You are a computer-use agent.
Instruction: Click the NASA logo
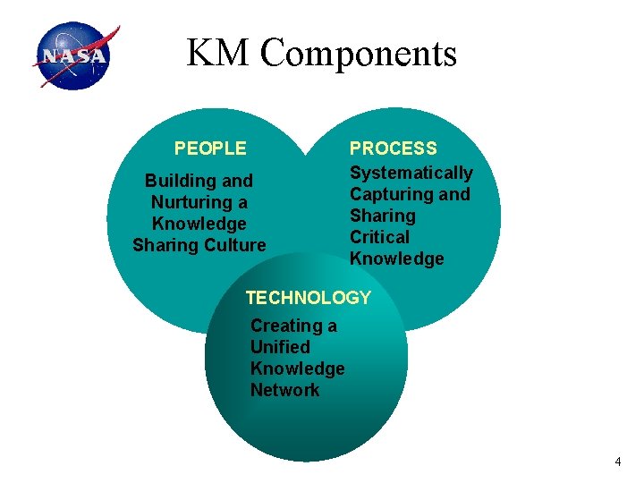click(x=74, y=56)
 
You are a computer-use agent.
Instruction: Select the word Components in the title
click(x=359, y=55)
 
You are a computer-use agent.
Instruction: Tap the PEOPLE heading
click(x=210, y=148)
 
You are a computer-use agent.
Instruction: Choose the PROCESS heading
click(x=393, y=148)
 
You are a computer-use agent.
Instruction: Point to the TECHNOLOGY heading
click(x=308, y=298)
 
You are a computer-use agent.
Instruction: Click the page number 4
click(x=617, y=462)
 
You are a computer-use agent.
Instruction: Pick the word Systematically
click(x=411, y=173)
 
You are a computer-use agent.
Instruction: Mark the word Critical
click(x=379, y=237)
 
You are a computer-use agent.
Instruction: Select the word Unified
click(x=280, y=347)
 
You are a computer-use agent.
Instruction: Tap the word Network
click(x=284, y=390)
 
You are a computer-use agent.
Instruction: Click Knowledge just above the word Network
click(x=297, y=369)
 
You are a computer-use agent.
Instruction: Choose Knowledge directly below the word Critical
click(x=396, y=258)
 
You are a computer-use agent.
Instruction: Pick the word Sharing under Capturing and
click(x=382, y=216)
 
